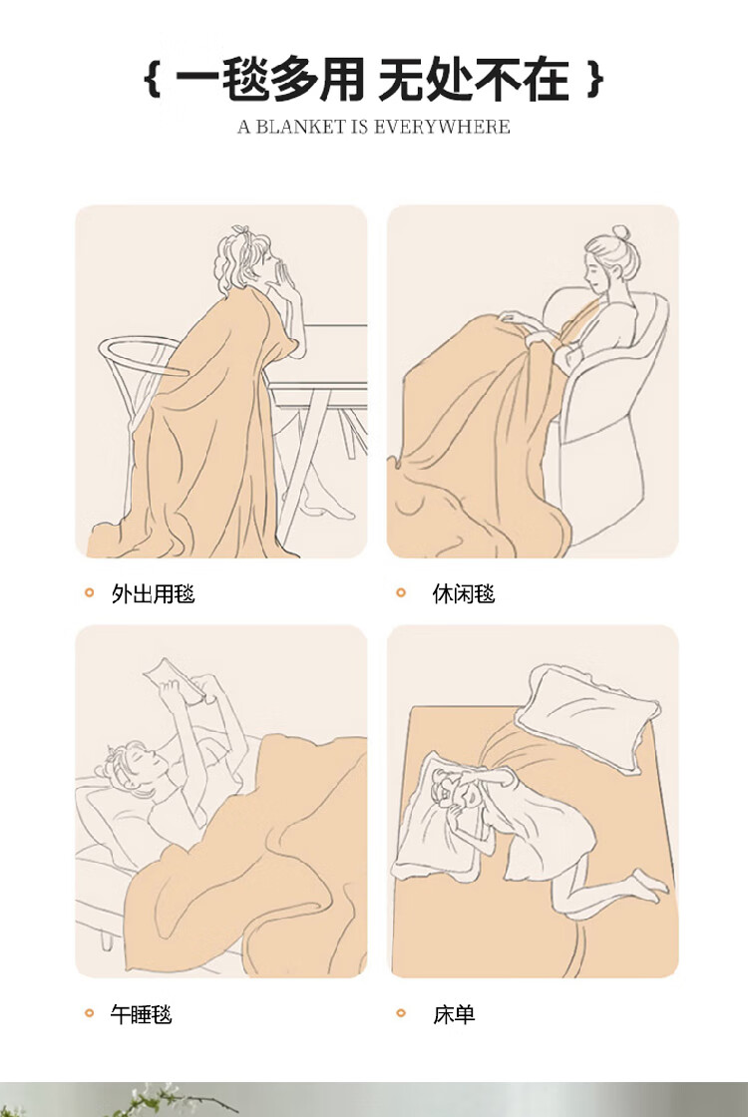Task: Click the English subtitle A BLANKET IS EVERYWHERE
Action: click(x=374, y=128)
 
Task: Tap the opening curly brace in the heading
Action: click(x=152, y=79)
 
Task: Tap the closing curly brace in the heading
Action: click(x=595, y=79)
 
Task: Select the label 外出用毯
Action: click(x=154, y=593)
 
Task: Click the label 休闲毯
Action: click(x=464, y=593)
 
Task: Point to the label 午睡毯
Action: click(x=141, y=1013)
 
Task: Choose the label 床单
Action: click(x=454, y=1013)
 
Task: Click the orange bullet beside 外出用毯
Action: click(x=89, y=592)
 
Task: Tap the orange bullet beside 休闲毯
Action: click(x=400, y=592)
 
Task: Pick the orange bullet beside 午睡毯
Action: click(x=89, y=1013)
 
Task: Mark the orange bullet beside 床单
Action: click(x=400, y=1013)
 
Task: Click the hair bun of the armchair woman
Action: click(x=620, y=233)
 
